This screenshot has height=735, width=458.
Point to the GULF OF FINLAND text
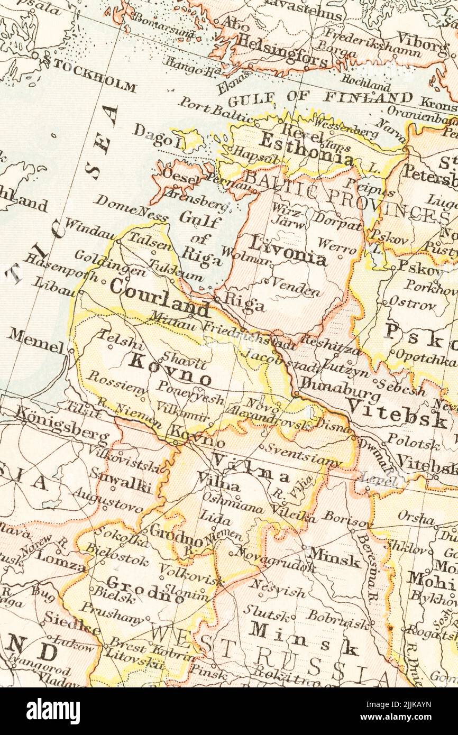point(320,98)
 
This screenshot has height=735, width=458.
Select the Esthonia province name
point(306,148)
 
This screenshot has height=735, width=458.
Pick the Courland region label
point(159,299)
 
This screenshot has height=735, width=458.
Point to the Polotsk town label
point(413,441)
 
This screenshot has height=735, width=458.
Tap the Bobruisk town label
point(338,619)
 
